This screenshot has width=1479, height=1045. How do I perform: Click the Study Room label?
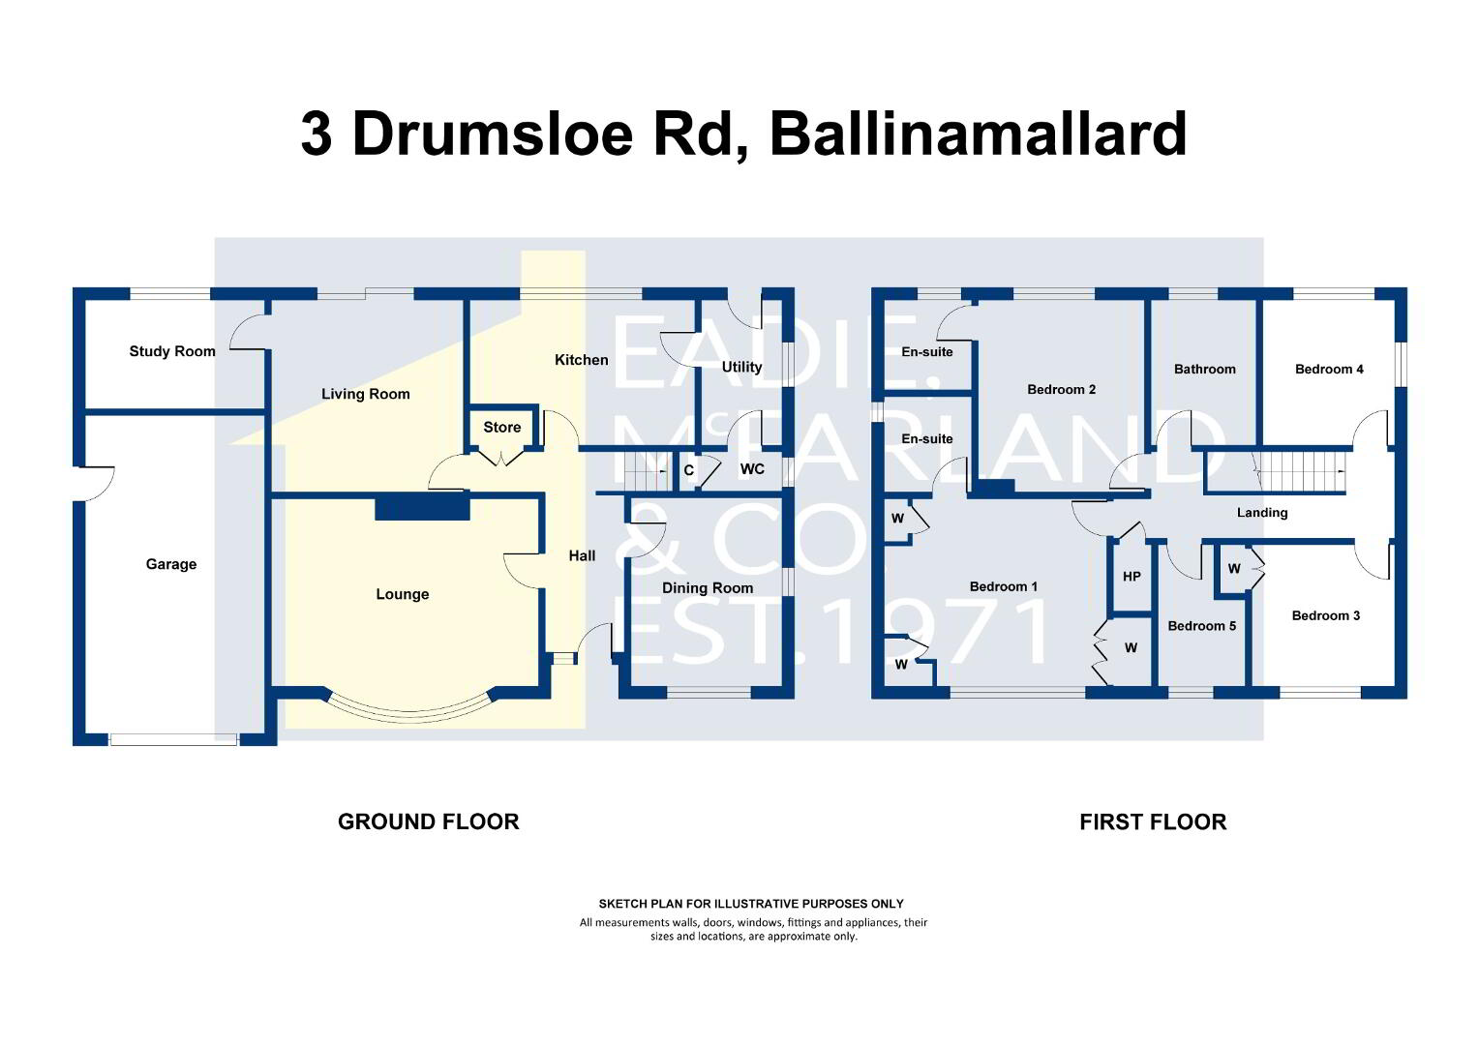pos(172,351)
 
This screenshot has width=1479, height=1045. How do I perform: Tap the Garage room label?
pos(171,564)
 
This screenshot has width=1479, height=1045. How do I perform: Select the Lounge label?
pos(402,594)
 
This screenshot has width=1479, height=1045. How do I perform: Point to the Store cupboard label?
pos(501,427)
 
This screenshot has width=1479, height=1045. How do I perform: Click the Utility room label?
pos(741,367)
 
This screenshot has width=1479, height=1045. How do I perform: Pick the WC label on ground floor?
pos(752,469)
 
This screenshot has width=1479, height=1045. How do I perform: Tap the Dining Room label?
pos(708,588)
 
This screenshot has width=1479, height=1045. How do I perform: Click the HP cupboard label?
pos(1132,577)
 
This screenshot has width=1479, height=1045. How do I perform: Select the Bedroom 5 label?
pos(1202,626)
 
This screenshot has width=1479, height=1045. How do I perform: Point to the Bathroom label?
pos(1204,369)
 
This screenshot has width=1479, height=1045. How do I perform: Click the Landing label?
pos(1262,513)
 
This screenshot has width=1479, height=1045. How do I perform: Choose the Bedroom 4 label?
pos(1329,369)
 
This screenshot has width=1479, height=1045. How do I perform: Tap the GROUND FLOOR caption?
pos(429,821)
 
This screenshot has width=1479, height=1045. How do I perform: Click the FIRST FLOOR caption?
pos(1153,821)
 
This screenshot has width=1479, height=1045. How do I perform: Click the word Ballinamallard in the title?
pos(979,134)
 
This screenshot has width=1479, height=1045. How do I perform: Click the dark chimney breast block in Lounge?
pos(422,508)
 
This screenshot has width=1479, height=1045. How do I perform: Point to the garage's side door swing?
pos(97,483)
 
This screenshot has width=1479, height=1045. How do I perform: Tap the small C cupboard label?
pos(688,470)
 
